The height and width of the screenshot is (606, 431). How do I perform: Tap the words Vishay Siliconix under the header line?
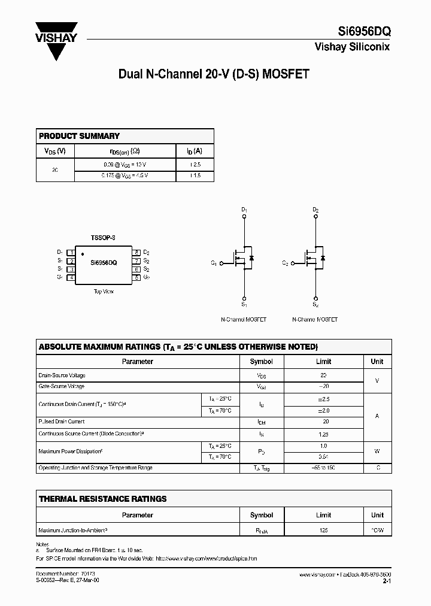tap(352, 47)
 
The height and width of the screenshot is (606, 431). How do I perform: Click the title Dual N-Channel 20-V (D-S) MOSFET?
tap(214, 74)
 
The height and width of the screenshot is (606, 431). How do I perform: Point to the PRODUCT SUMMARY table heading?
tap(79, 136)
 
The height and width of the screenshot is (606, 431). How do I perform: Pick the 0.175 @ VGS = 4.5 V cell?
tap(125, 175)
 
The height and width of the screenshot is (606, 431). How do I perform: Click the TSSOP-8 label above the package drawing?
tap(103, 238)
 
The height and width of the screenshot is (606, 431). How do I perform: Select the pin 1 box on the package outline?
tap(71, 253)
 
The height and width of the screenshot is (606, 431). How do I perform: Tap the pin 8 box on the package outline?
tap(136, 253)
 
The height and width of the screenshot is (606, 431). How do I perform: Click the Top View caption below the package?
tap(103, 292)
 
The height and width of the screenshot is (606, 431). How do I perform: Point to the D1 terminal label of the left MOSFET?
tap(244, 210)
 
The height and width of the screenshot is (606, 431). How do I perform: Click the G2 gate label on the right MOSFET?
tap(285, 263)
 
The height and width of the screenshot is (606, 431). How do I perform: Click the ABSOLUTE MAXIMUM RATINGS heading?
tap(178, 347)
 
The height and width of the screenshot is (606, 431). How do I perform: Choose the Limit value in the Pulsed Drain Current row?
tap(323, 422)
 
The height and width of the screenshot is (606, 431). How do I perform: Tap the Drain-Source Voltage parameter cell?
tap(62, 375)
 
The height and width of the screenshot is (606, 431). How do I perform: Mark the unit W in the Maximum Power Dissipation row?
tap(377, 451)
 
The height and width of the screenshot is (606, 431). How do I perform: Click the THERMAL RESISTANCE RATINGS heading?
tap(102, 498)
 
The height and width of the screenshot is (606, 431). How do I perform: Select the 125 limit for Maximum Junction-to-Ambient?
tap(323, 530)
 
